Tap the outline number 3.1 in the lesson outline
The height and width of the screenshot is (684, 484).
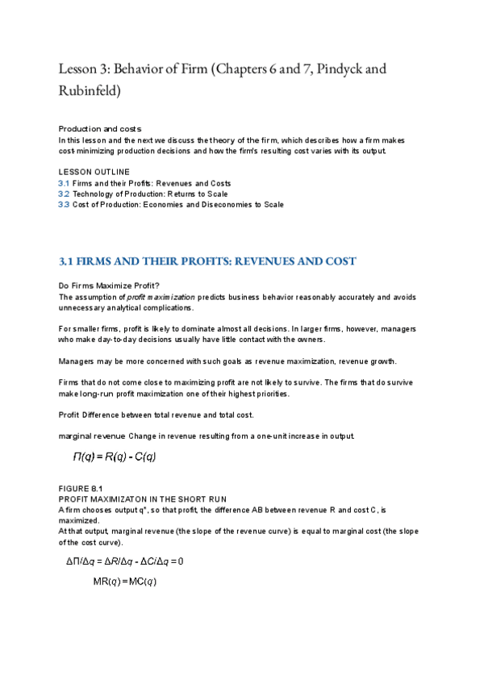(64, 183)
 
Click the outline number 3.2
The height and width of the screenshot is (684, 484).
(64, 194)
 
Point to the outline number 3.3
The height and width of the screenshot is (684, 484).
(64, 204)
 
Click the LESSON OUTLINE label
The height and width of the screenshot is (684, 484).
(94, 173)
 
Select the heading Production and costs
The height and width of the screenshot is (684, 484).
(100, 129)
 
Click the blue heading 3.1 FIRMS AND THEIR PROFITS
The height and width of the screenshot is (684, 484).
(207, 261)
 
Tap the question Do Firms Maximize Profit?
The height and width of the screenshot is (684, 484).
(109, 286)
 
